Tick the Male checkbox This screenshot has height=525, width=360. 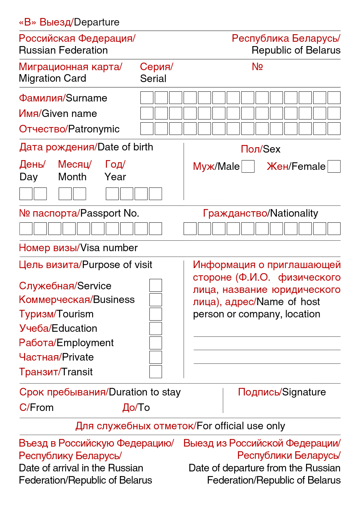248,166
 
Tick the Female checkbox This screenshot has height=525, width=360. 334,166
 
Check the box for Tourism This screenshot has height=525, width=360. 156,314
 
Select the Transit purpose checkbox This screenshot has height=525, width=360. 156,371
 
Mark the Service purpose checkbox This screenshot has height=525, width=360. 156,285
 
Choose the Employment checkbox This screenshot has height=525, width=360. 156,343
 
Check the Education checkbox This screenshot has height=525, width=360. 156,328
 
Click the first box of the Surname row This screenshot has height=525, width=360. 147,98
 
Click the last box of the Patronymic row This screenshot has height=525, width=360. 334,129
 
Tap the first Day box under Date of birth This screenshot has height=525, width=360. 26,194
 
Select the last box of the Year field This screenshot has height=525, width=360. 155,194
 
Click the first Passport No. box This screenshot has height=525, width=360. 26,228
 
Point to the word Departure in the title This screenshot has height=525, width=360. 97,22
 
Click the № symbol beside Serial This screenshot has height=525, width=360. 257,67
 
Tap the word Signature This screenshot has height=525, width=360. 304,392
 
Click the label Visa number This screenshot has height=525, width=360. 109,248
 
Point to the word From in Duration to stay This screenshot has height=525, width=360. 42,407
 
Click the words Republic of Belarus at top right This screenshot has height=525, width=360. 296,50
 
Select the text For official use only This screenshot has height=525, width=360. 241,426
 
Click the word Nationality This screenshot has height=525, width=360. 294,213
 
